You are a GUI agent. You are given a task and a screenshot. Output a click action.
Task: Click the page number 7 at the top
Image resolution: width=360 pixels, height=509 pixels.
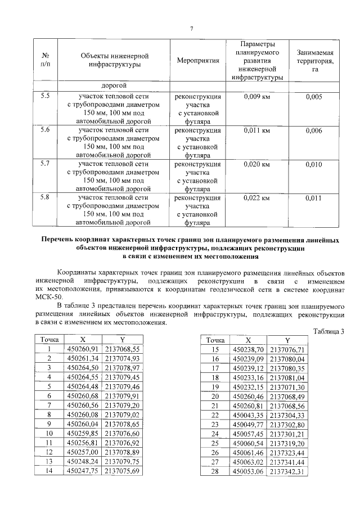[x=191, y=29]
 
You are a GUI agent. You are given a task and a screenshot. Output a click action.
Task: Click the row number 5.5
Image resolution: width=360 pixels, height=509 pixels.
[x=45, y=96]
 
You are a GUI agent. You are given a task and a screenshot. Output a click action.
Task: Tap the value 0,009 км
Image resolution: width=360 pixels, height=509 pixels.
[x=257, y=97]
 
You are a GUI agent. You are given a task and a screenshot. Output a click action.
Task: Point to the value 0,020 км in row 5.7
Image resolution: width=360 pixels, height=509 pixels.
[x=257, y=164]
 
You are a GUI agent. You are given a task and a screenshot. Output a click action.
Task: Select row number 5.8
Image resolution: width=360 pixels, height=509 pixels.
[x=45, y=197]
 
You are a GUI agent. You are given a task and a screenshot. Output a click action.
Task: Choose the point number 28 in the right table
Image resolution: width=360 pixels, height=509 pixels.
[x=214, y=471]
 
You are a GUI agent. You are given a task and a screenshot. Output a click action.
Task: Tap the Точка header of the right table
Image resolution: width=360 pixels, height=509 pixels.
[x=214, y=340]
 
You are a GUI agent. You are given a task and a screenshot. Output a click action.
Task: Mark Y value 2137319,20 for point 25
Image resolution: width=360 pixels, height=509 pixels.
[x=287, y=444]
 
